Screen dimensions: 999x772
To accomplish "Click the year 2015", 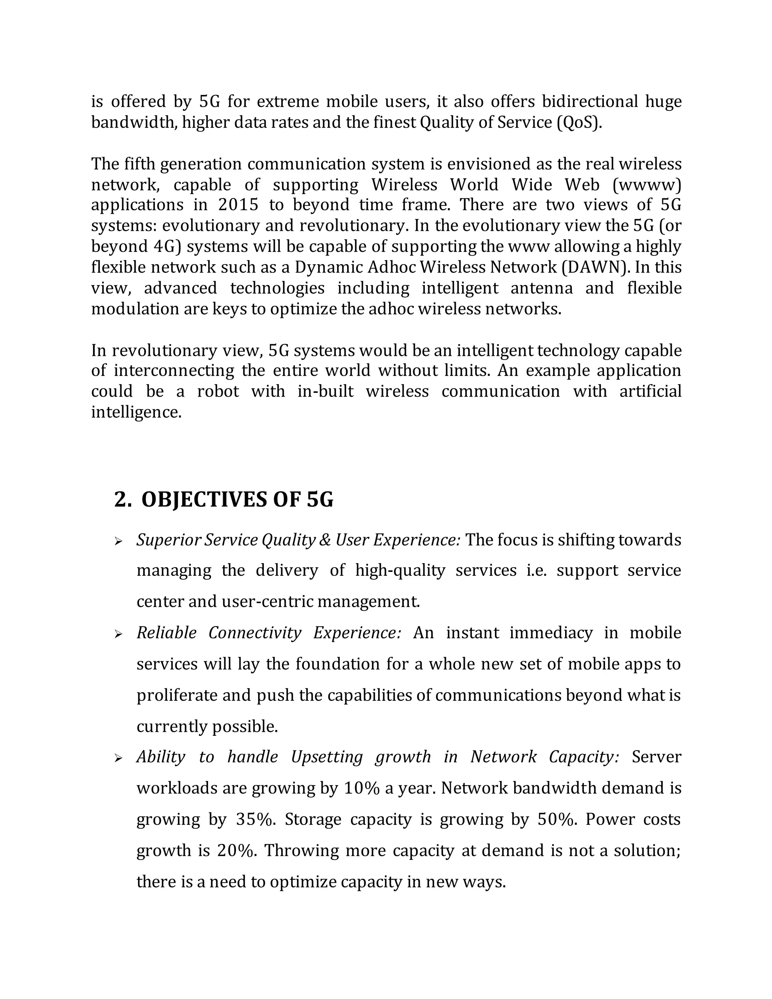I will pyautogui.click(x=238, y=204).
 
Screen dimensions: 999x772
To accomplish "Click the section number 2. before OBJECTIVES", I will pyautogui.click(x=123, y=499).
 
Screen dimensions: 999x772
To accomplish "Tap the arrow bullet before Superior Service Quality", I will pyautogui.click(x=118, y=542).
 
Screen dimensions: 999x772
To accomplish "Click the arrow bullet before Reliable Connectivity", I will pyautogui.click(x=118, y=634).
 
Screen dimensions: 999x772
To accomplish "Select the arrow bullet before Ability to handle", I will pyautogui.click(x=118, y=759).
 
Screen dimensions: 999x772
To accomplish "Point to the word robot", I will pyautogui.click(x=218, y=392).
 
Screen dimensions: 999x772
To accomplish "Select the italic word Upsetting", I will pyautogui.click(x=326, y=757).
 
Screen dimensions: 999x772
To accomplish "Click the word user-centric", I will pyautogui.click(x=266, y=602).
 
